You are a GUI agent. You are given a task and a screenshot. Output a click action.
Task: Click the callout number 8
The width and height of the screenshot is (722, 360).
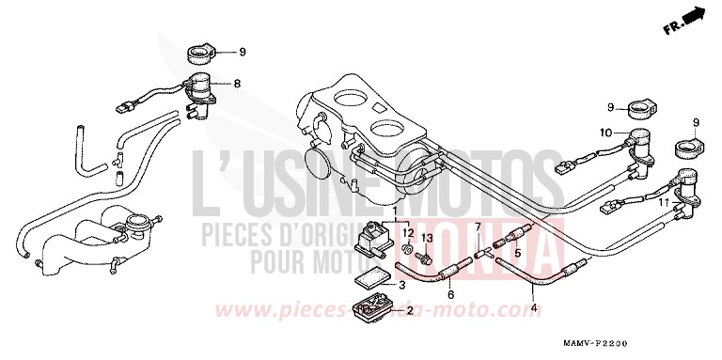click(238, 84)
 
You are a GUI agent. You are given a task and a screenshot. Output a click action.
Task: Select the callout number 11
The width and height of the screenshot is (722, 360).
click(664, 203)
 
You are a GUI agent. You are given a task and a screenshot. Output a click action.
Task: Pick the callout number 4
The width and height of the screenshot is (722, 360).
click(534, 307)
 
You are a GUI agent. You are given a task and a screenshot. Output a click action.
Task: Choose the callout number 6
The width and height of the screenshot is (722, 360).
click(450, 295)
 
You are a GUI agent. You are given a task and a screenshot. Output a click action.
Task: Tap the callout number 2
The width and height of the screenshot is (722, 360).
click(410, 310)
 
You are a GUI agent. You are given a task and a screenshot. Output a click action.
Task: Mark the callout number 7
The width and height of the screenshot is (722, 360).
click(477, 228)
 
